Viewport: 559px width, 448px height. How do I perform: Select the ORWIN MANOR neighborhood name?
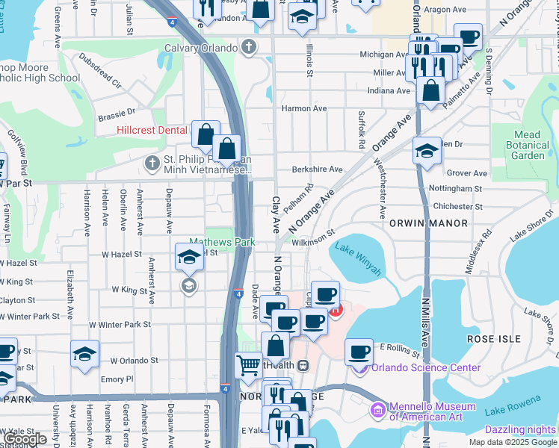click(x=428, y=223)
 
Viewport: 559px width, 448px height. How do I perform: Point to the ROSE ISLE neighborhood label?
click(x=493, y=339)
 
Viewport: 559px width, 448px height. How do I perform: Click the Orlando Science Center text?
click(x=424, y=367)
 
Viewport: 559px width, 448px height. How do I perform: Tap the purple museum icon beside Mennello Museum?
click(x=377, y=411)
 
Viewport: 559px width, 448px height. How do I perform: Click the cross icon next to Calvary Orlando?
click(x=250, y=48)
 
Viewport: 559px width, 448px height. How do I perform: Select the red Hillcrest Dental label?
click(x=152, y=130)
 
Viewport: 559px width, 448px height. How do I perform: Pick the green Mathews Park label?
click(x=222, y=242)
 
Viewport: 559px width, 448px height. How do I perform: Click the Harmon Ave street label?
click(x=304, y=108)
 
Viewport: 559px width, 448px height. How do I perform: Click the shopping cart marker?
click(x=248, y=365)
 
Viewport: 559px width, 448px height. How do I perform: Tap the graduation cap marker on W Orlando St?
click(x=85, y=353)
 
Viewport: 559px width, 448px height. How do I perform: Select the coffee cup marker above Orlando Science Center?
click(x=359, y=350)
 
